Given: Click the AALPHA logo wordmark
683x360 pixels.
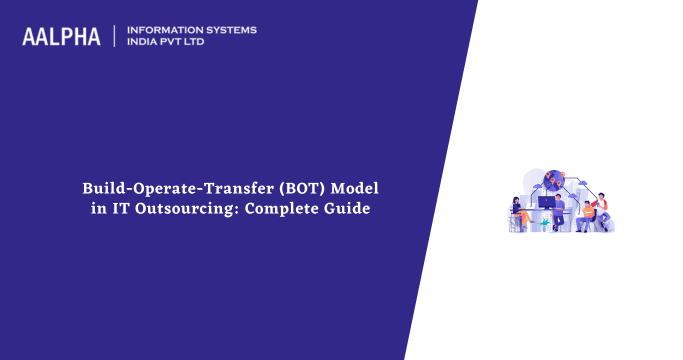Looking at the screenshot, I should (61, 37).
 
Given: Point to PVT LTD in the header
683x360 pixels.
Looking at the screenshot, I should (188, 43).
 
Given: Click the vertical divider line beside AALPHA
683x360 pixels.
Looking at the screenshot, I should (116, 37).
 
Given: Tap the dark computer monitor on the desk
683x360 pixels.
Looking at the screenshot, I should (546, 202).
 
